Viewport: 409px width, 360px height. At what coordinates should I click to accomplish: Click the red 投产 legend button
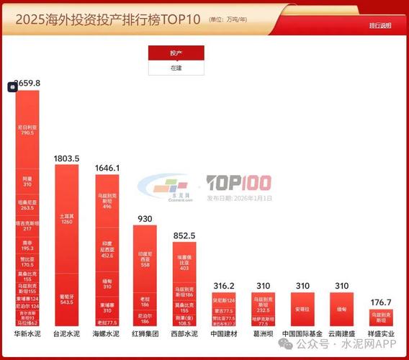176,53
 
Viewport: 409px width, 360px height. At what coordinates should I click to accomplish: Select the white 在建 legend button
176,68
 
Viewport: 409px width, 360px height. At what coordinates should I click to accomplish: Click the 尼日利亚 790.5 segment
27,129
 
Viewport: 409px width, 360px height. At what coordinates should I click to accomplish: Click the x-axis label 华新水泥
27,334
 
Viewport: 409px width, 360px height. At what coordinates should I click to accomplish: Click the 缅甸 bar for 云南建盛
339,309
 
